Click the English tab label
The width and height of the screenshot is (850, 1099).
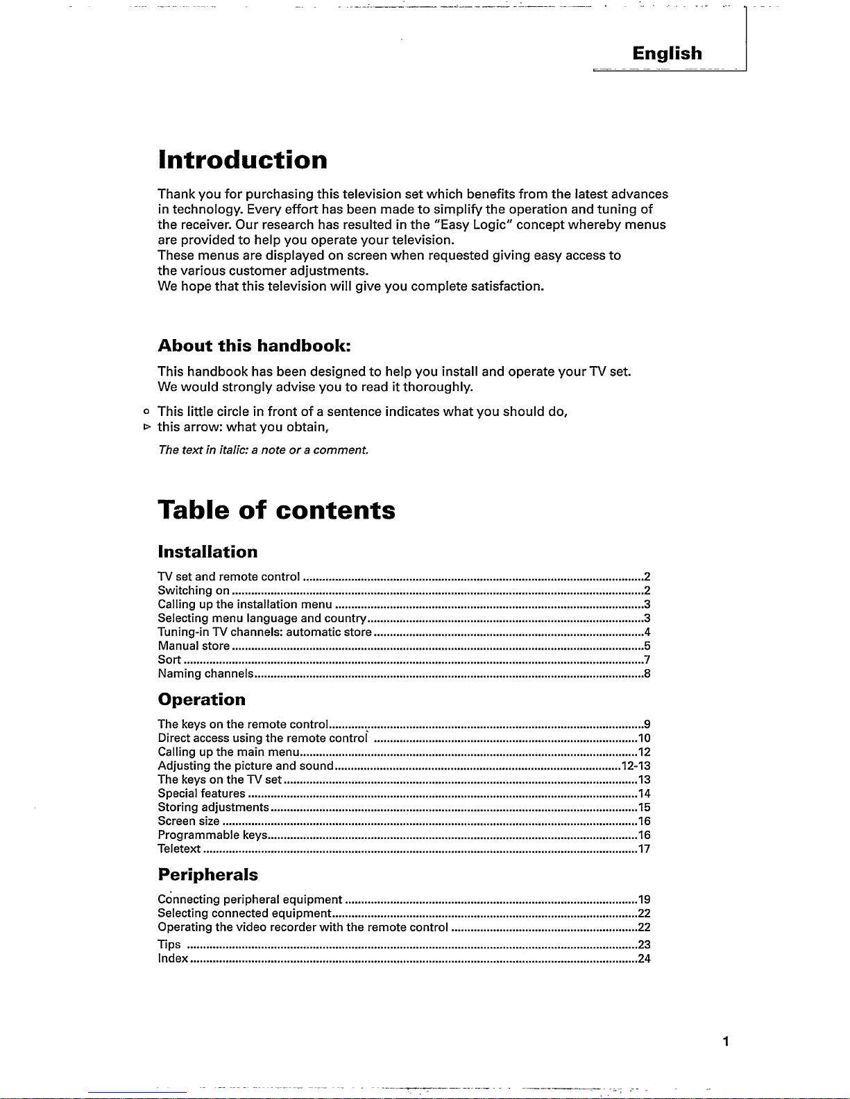coord(667,53)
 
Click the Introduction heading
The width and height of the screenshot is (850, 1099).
coord(242,160)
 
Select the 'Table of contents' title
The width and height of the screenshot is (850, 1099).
coord(276,510)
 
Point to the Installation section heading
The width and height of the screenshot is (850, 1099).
coord(207,552)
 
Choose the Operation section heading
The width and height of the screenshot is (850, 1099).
coord(201,699)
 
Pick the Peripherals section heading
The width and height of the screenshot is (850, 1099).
coord(207,874)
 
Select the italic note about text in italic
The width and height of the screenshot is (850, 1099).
coord(263,451)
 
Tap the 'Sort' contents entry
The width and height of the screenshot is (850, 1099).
coord(169,660)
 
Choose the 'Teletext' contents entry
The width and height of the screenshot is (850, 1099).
coord(179,849)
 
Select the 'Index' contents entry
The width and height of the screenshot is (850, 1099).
coord(173,959)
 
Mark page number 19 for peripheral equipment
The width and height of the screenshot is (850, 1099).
coord(643,900)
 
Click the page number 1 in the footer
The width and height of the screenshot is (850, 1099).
coord(724,1041)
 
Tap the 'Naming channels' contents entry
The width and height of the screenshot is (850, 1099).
coord(205,674)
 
